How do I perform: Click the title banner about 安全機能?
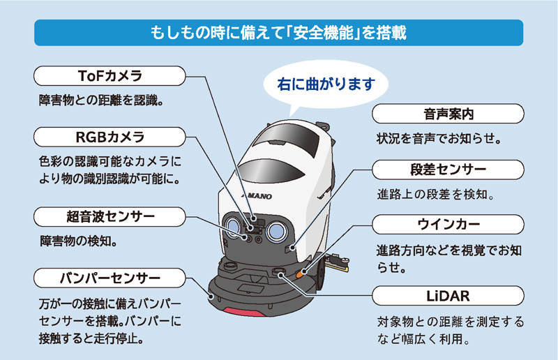click(x=279, y=33)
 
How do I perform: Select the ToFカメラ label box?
click(x=109, y=75)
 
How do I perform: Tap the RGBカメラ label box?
click(x=109, y=135)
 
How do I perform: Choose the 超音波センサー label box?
click(x=109, y=216)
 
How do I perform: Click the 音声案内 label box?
click(x=448, y=114)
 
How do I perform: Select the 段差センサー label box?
click(x=448, y=170)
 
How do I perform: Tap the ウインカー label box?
click(x=448, y=225)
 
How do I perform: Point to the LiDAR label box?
click(x=448, y=295)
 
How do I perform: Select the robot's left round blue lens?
click(x=230, y=227)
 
